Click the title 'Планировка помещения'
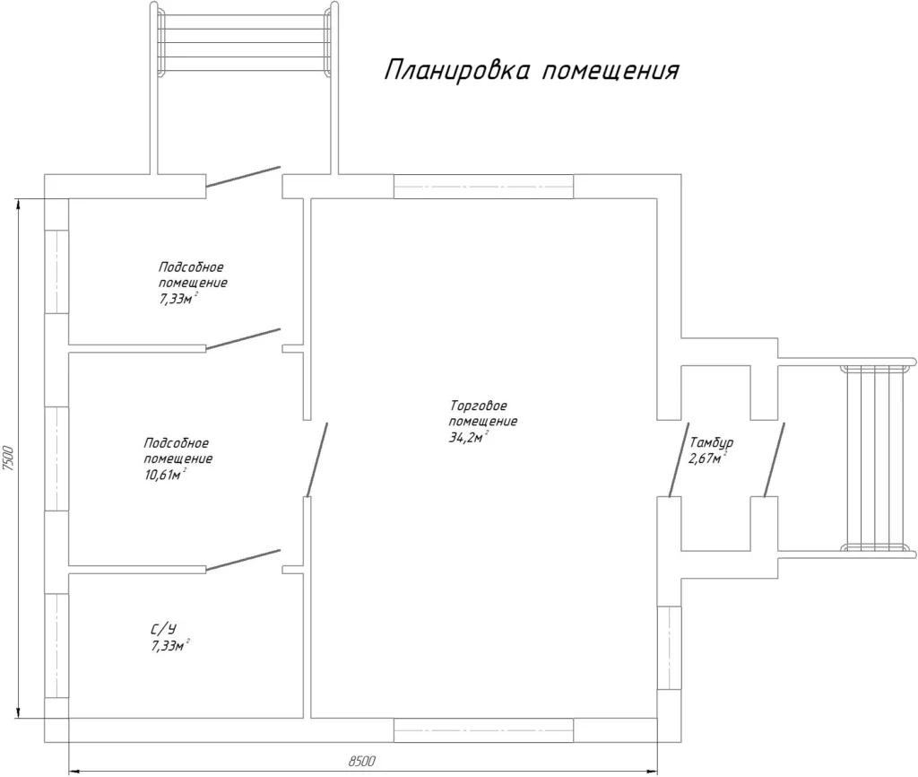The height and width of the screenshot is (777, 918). [x=532, y=70]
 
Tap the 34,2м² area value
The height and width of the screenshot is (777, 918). [x=469, y=437]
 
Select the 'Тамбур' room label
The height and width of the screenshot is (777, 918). [x=711, y=443]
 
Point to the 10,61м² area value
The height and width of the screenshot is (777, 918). [x=165, y=474]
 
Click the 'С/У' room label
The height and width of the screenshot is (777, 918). [x=163, y=630]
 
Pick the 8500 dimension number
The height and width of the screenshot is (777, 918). [x=362, y=761]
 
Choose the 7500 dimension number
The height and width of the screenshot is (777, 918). [x=7, y=458]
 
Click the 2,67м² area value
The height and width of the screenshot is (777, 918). [x=708, y=458]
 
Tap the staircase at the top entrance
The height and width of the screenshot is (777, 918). [x=244, y=39]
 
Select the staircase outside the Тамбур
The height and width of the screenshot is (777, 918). [x=875, y=458]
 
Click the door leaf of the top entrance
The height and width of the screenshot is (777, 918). [x=244, y=177]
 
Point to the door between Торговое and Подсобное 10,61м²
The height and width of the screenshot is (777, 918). [x=316, y=460]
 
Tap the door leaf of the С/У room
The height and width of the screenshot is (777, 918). [x=244, y=560]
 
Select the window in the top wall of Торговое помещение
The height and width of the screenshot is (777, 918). [x=483, y=187]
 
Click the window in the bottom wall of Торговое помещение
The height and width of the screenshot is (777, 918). [x=483, y=730]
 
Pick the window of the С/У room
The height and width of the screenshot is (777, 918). [x=56, y=646]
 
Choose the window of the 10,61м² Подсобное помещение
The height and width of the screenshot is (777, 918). [x=56, y=458]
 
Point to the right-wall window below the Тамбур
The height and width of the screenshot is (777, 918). [x=669, y=648]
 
